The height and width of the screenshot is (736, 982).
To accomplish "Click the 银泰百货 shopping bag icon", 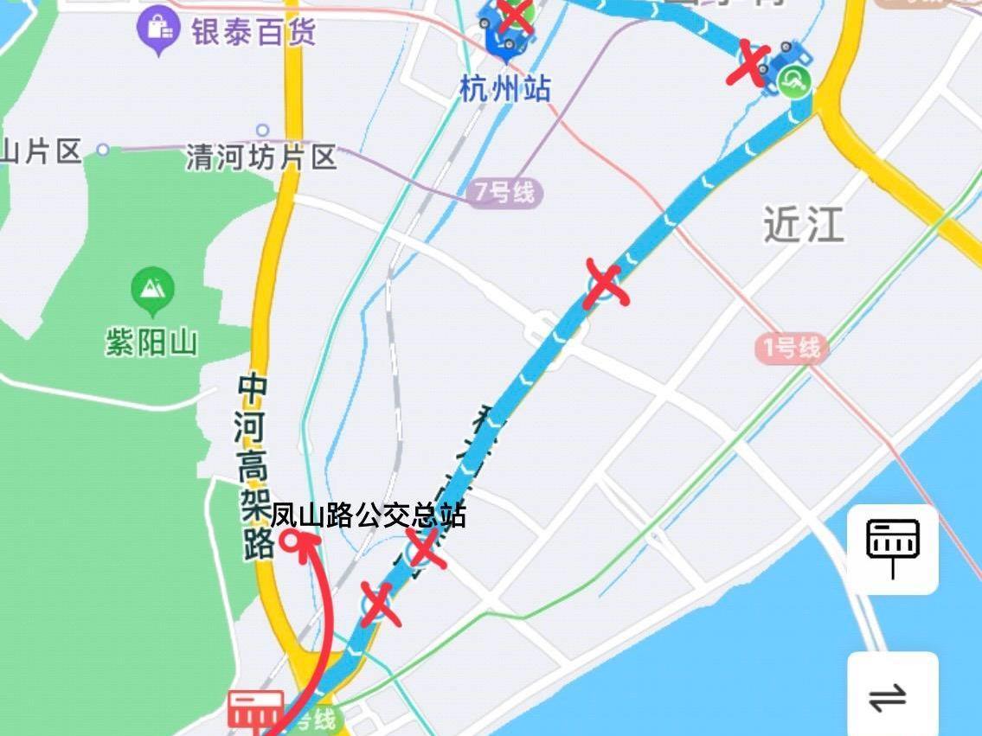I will click(158, 31).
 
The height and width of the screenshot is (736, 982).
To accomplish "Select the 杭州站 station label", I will click(505, 88).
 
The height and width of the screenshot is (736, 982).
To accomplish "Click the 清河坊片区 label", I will click(261, 157).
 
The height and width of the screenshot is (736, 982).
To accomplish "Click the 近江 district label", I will click(802, 225).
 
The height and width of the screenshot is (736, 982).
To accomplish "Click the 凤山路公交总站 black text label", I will click(368, 515).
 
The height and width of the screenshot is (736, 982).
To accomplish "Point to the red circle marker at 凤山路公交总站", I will click(292, 542).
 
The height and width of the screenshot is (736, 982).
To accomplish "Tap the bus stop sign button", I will click(892, 548).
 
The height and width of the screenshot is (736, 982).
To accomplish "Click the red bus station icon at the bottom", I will click(256, 709).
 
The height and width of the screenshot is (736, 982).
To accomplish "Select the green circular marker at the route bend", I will click(793, 84).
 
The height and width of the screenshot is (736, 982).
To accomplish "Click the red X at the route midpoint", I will click(605, 283).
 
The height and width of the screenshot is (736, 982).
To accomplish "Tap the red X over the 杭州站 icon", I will click(515, 15).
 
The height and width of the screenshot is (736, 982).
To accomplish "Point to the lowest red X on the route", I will click(380, 603).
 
